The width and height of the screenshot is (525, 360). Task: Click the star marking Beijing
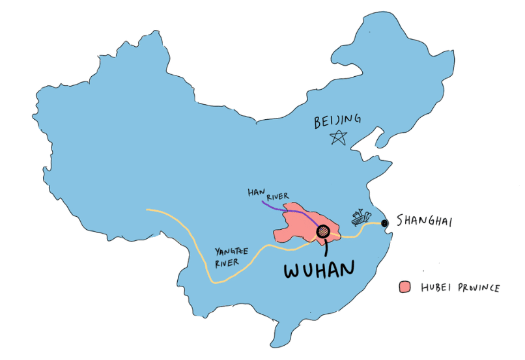coord(339,137)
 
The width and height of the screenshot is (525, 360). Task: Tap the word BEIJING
coord(337,120)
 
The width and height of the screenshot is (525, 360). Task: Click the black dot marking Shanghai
coord(384,223)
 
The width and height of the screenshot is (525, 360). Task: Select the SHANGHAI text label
coord(423,221)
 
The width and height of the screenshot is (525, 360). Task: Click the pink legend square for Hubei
coord(405,287)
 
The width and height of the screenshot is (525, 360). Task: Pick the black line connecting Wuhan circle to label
coord(324,245)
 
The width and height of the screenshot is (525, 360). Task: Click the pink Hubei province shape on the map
coord(293,225)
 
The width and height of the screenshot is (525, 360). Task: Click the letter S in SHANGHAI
coord(399,222)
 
